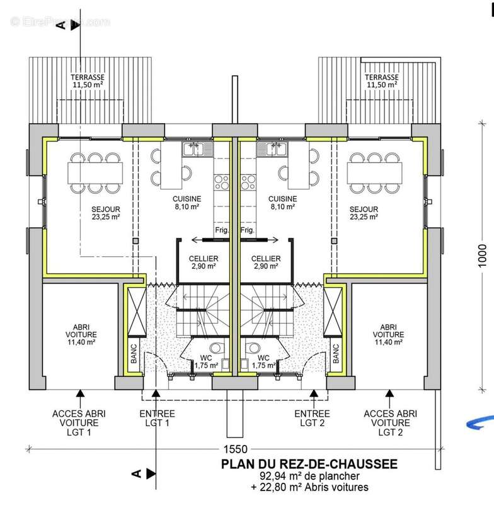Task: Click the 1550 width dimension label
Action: (x=235, y=449)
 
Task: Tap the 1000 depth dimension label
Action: (x=482, y=256)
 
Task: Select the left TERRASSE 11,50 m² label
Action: (x=88, y=81)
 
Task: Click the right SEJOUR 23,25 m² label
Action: (x=364, y=213)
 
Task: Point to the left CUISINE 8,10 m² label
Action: (x=187, y=203)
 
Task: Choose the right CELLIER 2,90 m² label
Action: (x=266, y=262)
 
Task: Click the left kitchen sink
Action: (x=198, y=150)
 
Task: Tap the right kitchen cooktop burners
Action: (x=248, y=182)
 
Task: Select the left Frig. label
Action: (x=222, y=230)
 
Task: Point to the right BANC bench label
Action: (x=336, y=353)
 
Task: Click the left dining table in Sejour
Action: (x=95, y=172)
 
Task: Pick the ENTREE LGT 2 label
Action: (x=312, y=418)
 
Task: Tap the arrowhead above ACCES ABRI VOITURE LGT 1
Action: (x=81, y=393)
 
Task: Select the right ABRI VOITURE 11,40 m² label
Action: (x=388, y=335)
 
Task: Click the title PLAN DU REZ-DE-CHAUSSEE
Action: (x=309, y=464)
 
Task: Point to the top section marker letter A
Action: (x=62, y=25)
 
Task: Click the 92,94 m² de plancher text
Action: (x=309, y=476)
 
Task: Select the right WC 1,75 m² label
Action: (x=263, y=362)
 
